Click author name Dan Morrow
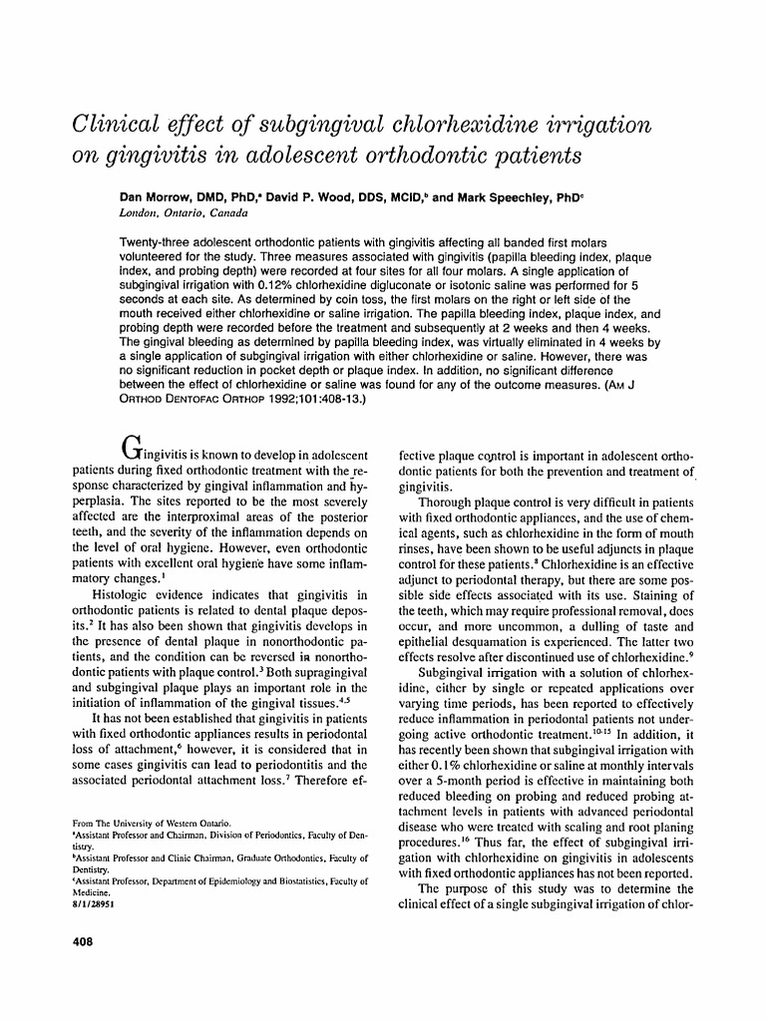[x=155, y=198]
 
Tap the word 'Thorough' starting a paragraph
[x=452, y=504]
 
